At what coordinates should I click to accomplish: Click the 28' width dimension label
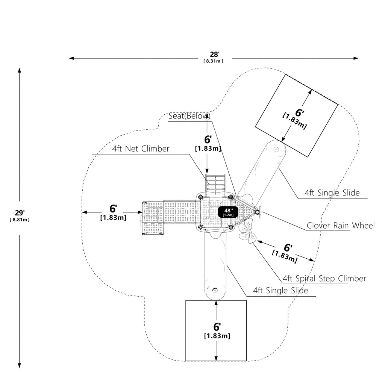214,55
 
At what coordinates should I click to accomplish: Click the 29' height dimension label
20,213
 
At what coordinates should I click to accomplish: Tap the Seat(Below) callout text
189,116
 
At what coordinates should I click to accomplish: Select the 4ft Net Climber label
141,149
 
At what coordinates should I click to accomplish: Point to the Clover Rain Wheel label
341,226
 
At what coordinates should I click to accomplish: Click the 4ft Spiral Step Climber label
324,279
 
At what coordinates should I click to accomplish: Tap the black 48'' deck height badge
228,212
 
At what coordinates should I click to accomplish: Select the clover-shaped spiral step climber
247,231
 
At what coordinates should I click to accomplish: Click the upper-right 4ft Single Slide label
332,193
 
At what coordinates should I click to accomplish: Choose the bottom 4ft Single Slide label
280,291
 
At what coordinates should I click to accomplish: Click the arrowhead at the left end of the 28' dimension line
71,58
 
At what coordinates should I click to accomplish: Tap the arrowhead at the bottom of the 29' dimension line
20,365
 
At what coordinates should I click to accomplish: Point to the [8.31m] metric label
214,61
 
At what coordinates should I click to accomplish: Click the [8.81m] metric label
20,220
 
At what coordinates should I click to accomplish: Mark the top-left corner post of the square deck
200,197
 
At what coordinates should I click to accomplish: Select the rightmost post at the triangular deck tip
257,212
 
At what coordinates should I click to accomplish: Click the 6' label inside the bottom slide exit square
217,327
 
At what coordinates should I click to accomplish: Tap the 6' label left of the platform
113,209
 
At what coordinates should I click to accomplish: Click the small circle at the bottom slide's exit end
215,291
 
